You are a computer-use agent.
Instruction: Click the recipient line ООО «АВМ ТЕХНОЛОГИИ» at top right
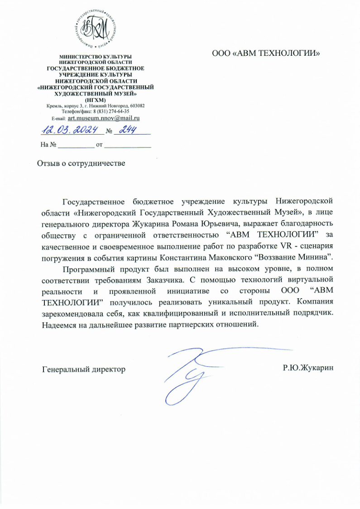coord(266,53)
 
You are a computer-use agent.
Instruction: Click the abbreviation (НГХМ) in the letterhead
coord(96,100)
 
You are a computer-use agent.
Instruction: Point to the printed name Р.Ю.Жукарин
coord(308,368)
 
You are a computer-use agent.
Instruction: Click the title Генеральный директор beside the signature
coord(84,369)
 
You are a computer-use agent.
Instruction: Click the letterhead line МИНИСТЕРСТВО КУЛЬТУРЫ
coord(96,57)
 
